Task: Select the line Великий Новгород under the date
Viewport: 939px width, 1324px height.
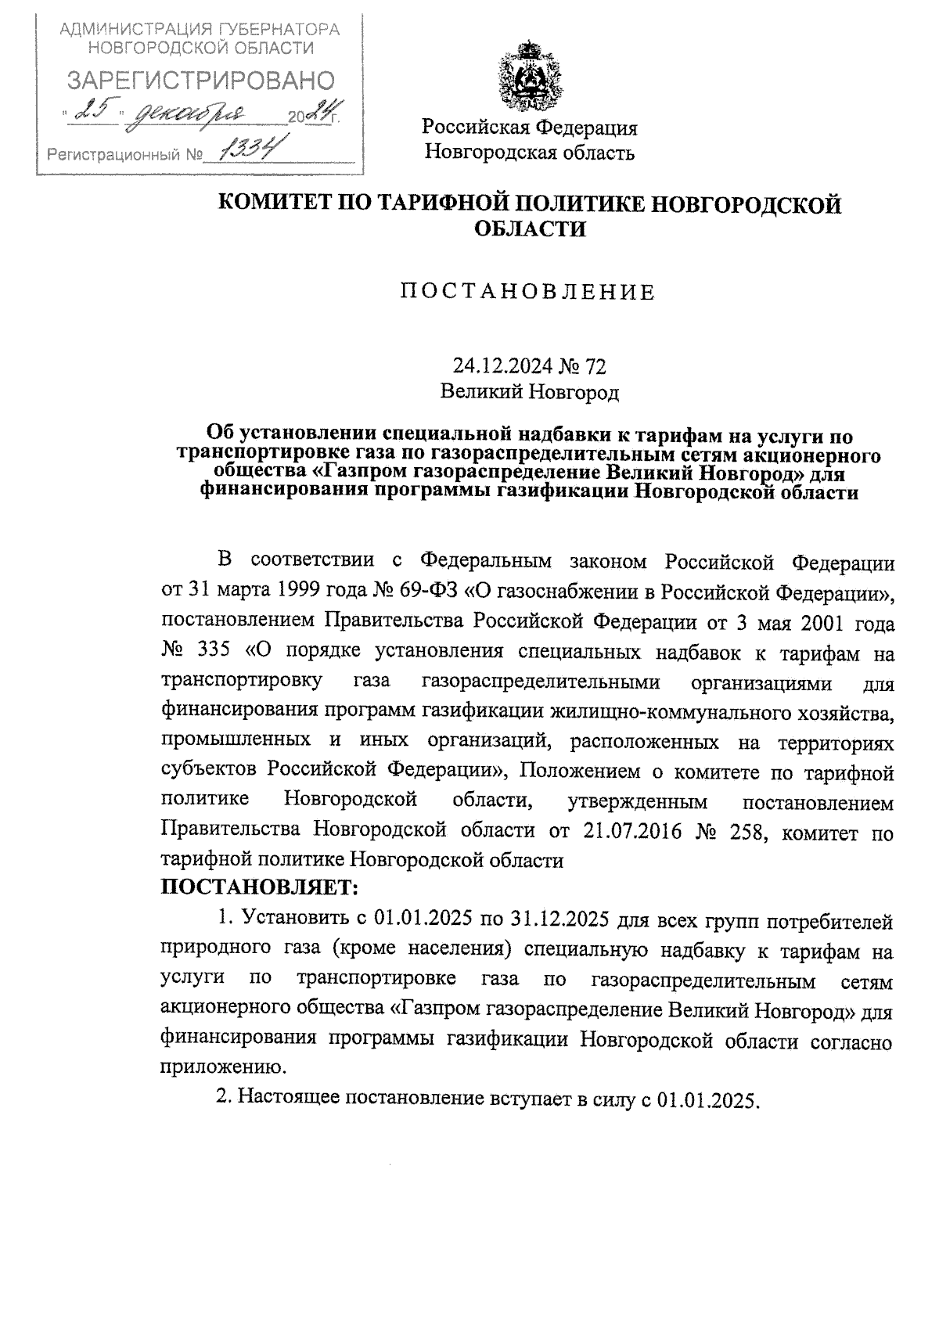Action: tap(529, 391)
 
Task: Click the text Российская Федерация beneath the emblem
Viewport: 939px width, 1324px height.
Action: tap(530, 128)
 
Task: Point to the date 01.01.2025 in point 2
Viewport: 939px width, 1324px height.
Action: tap(707, 1099)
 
